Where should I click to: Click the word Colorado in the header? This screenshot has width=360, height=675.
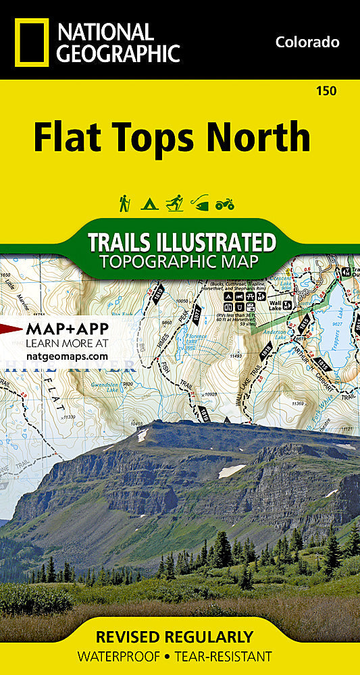coord(307,42)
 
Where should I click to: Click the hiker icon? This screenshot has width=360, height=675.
coord(124,202)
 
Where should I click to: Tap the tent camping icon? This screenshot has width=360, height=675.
coord(149,203)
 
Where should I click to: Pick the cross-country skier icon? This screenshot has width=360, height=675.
coord(175,202)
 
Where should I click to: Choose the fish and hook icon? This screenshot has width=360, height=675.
coord(200,202)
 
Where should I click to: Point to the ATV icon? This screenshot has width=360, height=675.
coord(224,203)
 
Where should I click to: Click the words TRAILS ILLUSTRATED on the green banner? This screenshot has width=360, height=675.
coord(181,242)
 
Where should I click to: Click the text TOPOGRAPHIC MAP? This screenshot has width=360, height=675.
coord(181,261)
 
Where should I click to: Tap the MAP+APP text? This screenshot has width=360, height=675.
coord(61,329)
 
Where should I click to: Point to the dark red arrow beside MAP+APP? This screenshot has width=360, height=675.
coord(9,329)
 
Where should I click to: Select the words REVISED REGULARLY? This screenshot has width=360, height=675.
coord(175,637)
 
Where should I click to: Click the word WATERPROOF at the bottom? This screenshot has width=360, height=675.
coord(118,656)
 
